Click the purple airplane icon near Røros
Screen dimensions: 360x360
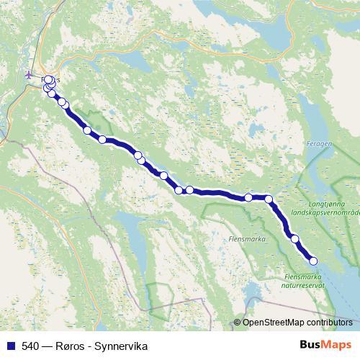[29, 74]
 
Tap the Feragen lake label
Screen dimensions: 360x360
[319, 144]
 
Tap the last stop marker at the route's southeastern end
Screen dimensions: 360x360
[313, 261]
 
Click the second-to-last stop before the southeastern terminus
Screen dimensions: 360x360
[294, 238]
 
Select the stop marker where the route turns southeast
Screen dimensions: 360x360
[269, 199]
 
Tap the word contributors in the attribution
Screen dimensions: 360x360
[330, 323]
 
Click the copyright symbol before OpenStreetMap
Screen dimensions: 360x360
[238, 323]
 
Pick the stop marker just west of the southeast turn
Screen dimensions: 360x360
[248, 197]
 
